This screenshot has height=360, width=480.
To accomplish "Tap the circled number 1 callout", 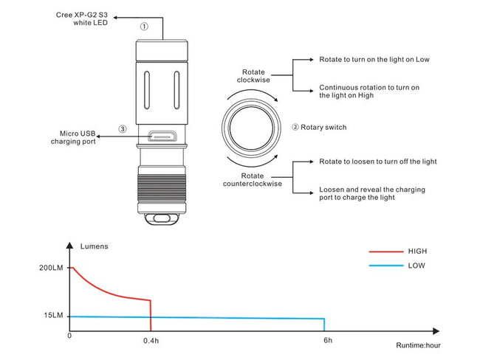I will pyautogui.click(x=144, y=25).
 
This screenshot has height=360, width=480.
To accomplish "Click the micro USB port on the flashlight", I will pyautogui.click(x=160, y=136).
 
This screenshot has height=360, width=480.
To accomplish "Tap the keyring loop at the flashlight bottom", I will pyautogui.click(x=161, y=218).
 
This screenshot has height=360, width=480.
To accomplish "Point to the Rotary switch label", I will pyautogui.click(x=319, y=127).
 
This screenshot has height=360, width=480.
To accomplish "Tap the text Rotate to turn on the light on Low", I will pyautogui.click(x=374, y=59).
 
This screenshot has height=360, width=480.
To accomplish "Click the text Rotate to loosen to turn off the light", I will pyautogui.click(x=378, y=161).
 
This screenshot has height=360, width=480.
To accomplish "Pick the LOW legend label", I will pyautogui.click(x=416, y=266).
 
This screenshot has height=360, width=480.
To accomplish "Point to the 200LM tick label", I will pyautogui.click(x=52, y=268).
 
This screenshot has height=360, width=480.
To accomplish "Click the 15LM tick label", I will pyautogui.click(x=54, y=316).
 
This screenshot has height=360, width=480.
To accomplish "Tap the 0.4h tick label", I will pyautogui.click(x=151, y=342).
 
